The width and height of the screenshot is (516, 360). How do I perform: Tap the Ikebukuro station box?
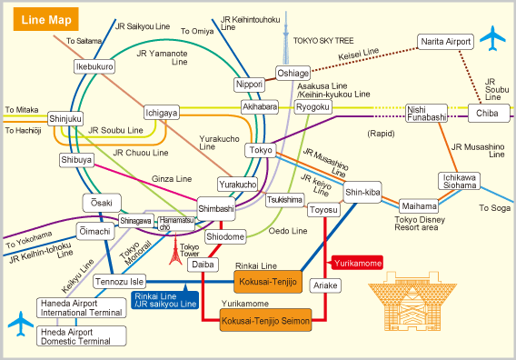pos(94,67)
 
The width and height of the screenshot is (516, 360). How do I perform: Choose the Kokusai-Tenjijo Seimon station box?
pos(266,321)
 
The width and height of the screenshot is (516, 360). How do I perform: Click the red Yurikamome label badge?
pos(357,262)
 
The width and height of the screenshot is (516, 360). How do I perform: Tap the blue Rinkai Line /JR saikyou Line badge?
pos(164,298)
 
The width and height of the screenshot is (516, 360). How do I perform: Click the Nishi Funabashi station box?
pos(428,112)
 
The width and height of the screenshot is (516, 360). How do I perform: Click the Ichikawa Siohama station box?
pos(460,181)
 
